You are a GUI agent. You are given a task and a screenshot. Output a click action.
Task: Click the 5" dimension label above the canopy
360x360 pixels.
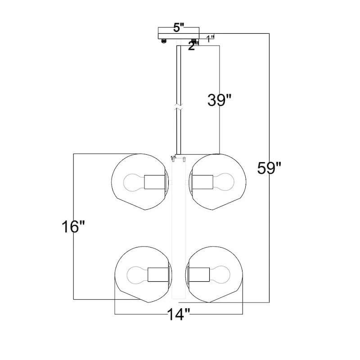tap(179, 27)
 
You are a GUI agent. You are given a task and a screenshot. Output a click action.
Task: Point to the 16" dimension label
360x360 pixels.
tap(74, 226)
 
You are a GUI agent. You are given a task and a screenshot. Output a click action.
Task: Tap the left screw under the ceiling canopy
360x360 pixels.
tap(164, 41)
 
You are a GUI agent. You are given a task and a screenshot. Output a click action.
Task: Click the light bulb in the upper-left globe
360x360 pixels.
tap(133, 182)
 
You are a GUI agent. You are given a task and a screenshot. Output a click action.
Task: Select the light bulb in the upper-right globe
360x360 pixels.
tap(223, 182)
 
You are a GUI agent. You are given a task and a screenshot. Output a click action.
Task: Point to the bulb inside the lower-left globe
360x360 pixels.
tap(136, 273)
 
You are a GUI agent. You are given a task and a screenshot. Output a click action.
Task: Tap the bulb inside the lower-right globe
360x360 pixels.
tap(220, 273)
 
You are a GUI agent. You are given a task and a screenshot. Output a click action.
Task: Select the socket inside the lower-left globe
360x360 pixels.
tap(157, 273)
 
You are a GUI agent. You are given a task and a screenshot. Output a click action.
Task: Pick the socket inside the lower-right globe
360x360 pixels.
tap(198, 273)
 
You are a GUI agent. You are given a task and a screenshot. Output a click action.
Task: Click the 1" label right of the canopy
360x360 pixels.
tap(210, 38)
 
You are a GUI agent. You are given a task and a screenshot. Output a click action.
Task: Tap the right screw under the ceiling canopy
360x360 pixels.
tap(195, 41)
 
